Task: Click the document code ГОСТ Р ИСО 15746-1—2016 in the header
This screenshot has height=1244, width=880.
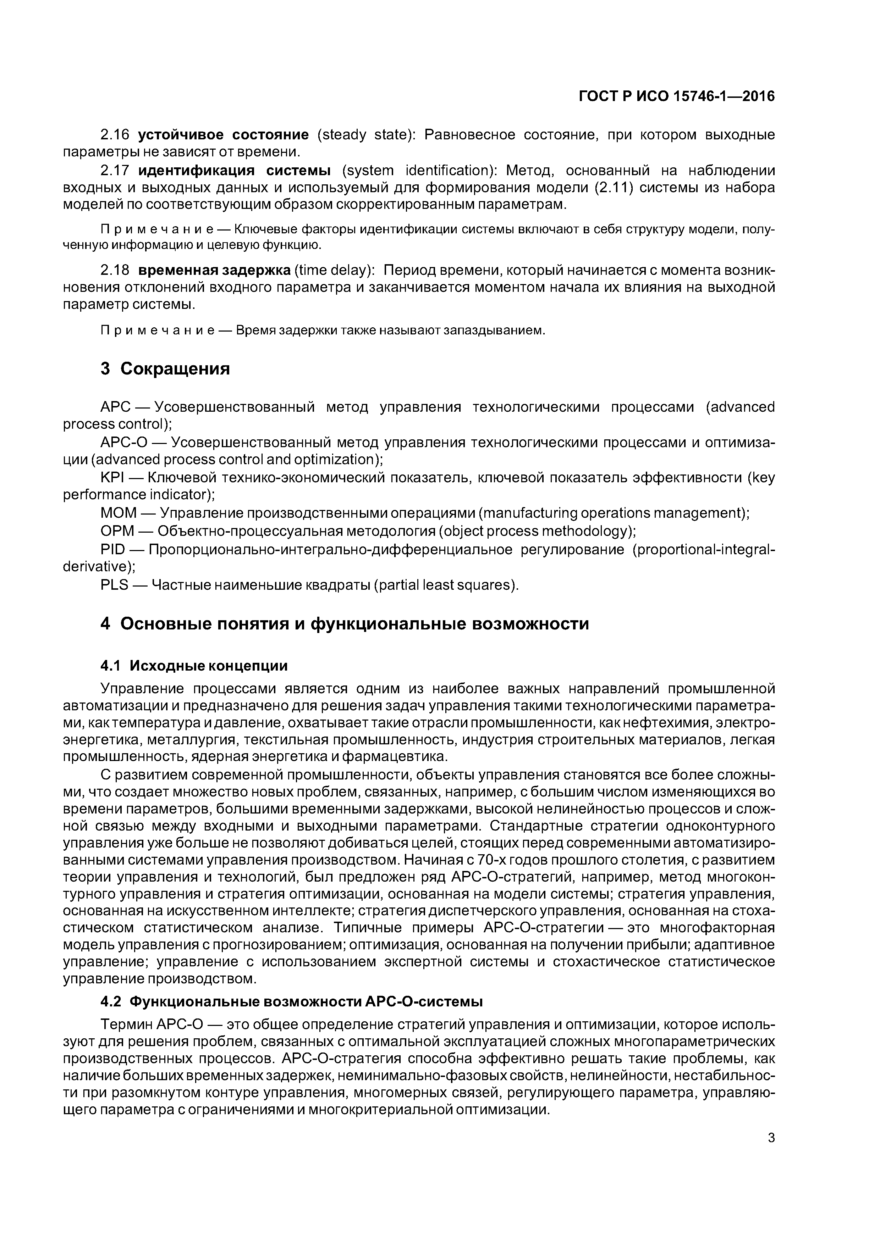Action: tap(677, 96)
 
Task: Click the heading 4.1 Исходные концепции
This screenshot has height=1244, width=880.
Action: tap(194, 665)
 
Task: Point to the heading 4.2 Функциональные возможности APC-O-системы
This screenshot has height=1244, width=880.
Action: tap(292, 1001)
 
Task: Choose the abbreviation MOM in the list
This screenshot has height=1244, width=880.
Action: tap(118, 512)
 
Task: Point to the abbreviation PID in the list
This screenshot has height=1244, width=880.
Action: tap(113, 549)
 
